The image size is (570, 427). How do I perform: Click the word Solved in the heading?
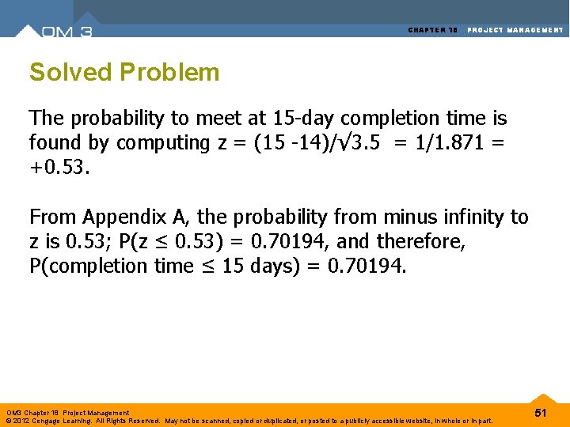70,73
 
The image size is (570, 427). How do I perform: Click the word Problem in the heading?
169,73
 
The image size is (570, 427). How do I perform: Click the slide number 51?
541,414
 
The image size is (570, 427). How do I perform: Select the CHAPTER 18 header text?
433,30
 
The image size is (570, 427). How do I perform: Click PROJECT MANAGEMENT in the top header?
515,30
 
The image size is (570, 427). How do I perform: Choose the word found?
49,143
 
